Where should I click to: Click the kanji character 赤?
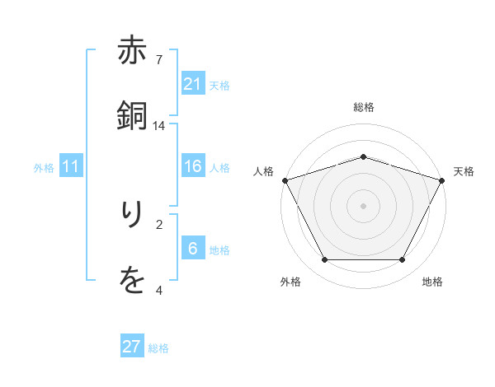[133, 53]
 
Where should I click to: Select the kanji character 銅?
[133, 117]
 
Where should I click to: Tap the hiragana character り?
[133, 217]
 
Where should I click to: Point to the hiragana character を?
[133, 281]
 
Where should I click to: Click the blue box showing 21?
[193, 84]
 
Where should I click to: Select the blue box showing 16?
[193, 167]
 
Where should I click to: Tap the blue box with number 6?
[193, 249]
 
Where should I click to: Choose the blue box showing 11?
[71, 167]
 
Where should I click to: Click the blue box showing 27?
[132, 347]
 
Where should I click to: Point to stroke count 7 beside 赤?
[159, 60]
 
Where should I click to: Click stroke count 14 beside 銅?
[159, 125]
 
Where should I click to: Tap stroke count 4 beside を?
[159, 289]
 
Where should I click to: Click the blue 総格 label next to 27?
[158, 348]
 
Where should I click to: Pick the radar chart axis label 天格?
[464, 171]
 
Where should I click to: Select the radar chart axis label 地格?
[432, 282]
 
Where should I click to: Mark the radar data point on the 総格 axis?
[363, 156]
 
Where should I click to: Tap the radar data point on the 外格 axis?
[324, 260]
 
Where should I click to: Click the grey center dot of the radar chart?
[363, 206]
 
